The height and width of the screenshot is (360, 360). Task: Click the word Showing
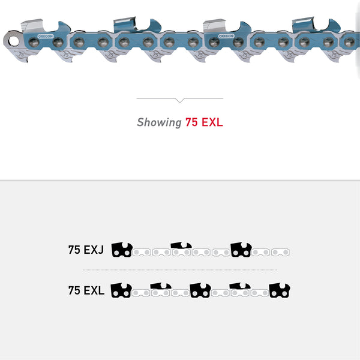tap(159, 122)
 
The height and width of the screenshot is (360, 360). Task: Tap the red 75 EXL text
tap(204, 122)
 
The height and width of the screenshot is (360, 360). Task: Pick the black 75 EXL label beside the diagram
tap(86, 291)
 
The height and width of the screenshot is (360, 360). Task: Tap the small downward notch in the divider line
tap(179, 100)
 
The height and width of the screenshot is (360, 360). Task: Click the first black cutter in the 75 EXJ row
tap(122, 250)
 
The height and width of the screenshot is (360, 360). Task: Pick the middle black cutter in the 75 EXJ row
tap(181, 246)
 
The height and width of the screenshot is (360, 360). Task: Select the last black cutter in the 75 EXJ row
tap(241, 250)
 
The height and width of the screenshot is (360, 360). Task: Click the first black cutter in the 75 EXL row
tap(122, 290)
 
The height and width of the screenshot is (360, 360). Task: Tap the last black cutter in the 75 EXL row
tap(279, 290)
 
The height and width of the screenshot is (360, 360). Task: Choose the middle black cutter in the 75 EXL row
tap(200, 290)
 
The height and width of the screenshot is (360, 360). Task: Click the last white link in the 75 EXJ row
tap(280, 252)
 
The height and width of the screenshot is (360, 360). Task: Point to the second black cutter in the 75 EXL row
tap(160, 287)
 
